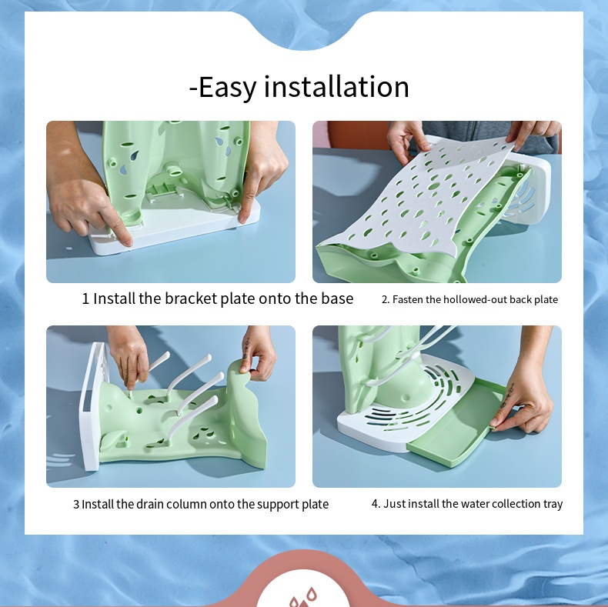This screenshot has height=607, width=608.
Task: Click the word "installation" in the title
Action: click(x=336, y=87)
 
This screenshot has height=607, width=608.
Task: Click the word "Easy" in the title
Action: click(x=227, y=87)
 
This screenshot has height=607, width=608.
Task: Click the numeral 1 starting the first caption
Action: click(x=86, y=298)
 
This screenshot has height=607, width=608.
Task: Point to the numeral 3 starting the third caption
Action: click(x=76, y=505)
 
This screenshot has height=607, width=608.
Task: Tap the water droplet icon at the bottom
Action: click(x=303, y=597)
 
